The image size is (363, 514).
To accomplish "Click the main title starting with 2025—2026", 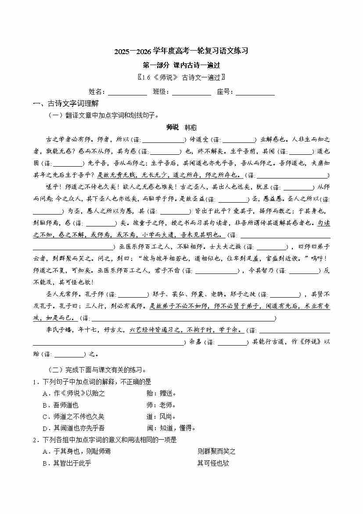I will point(181,51).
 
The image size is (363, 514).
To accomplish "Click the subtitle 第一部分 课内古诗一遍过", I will point(181,65).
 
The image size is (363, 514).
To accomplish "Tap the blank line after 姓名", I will point(127,92).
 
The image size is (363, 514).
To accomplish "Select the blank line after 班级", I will point(192,92).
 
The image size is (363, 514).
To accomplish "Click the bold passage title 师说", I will point(173,128).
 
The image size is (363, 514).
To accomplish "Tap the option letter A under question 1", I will point(45,394).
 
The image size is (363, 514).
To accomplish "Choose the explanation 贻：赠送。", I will point(162,394).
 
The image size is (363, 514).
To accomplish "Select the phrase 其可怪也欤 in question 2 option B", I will point(213,463).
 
